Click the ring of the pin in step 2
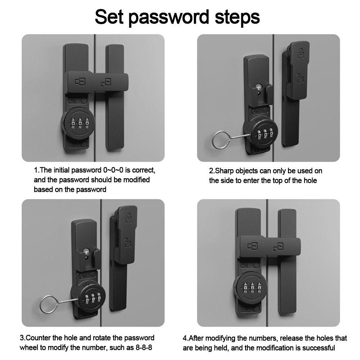click(x=219, y=139)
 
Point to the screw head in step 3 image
click(x=86, y=251)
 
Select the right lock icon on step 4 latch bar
click(x=278, y=247)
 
